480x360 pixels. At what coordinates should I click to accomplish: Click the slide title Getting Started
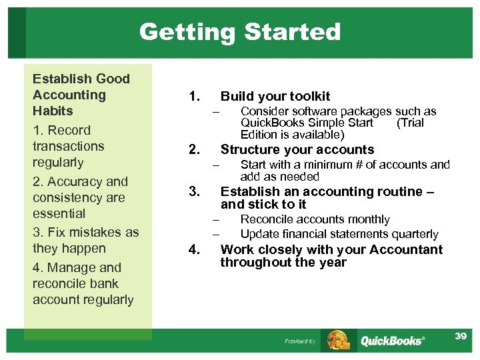[x=240, y=31]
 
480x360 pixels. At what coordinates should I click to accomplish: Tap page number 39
[x=461, y=336]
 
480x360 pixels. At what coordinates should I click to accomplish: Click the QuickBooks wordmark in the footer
[x=392, y=341]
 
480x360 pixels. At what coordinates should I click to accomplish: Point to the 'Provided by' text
[x=300, y=341]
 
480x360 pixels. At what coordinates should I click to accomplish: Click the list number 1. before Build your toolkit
[x=194, y=97]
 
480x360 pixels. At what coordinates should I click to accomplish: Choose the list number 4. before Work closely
[x=194, y=250]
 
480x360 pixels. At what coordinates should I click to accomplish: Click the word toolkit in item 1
[x=307, y=97]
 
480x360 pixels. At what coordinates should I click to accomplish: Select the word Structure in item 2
[x=250, y=149]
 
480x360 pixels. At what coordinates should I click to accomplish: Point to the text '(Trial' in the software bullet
[x=410, y=123]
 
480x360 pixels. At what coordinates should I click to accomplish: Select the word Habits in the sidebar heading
[x=53, y=111]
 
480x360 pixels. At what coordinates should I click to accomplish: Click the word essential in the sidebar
[x=59, y=213]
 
